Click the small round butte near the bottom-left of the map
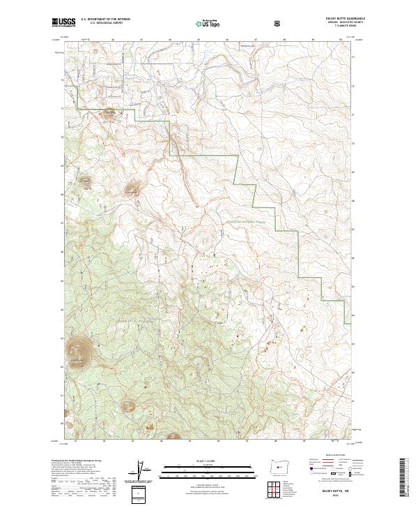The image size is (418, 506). click(129, 404)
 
